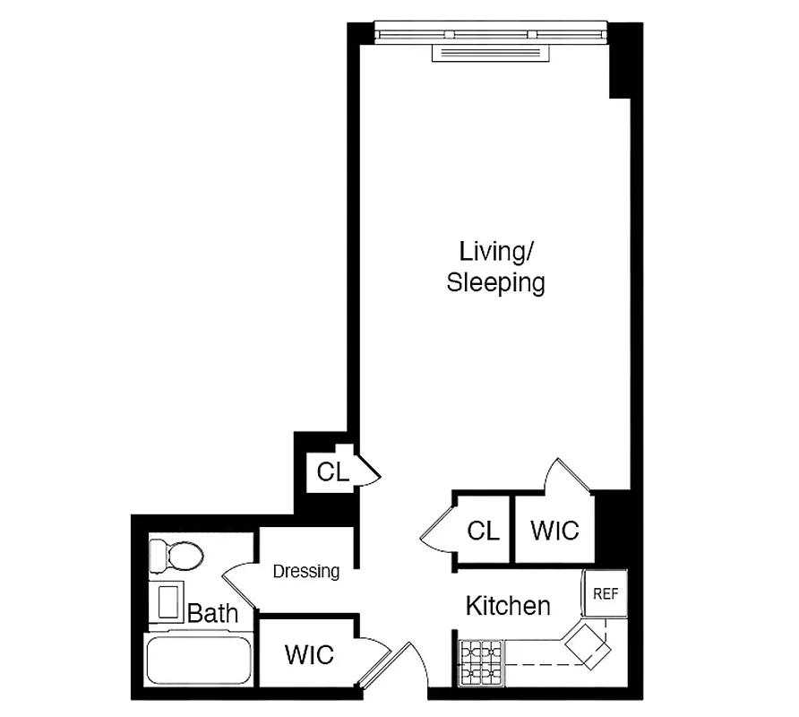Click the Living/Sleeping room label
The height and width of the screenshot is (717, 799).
click(x=495, y=266)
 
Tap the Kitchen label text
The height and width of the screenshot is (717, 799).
click(x=507, y=607)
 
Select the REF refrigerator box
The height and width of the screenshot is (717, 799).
click(x=606, y=593)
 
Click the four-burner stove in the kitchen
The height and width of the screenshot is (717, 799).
click(x=482, y=663)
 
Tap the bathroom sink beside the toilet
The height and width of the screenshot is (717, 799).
click(x=168, y=601)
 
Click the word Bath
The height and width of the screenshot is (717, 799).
click(x=213, y=614)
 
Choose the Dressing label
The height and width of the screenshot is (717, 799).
click(x=306, y=571)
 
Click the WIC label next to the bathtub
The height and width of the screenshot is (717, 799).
click(x=309, y=654)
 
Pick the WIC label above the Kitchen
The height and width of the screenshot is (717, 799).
click(x=554, y=530)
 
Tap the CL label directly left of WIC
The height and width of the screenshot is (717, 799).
click(x=483, y=531)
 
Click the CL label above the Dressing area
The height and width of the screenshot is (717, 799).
click(x=332, y=471)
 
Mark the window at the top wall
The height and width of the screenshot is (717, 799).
click(x=490, y=35)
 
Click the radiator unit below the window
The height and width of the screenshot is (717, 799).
click(x=489, y=53)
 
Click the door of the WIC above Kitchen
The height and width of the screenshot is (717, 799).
click(x=570, y=475)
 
